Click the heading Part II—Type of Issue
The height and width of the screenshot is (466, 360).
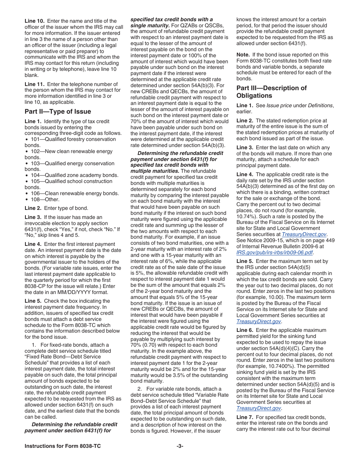coord(58,111)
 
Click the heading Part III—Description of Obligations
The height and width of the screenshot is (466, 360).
coord(271,92)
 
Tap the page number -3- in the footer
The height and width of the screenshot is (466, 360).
coord(180,446)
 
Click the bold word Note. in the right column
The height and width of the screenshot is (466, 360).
coord(243,55)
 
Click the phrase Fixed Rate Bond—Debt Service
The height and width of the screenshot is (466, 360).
coord(64,357)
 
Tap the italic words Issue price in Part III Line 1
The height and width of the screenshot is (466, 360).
coord(280,105)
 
